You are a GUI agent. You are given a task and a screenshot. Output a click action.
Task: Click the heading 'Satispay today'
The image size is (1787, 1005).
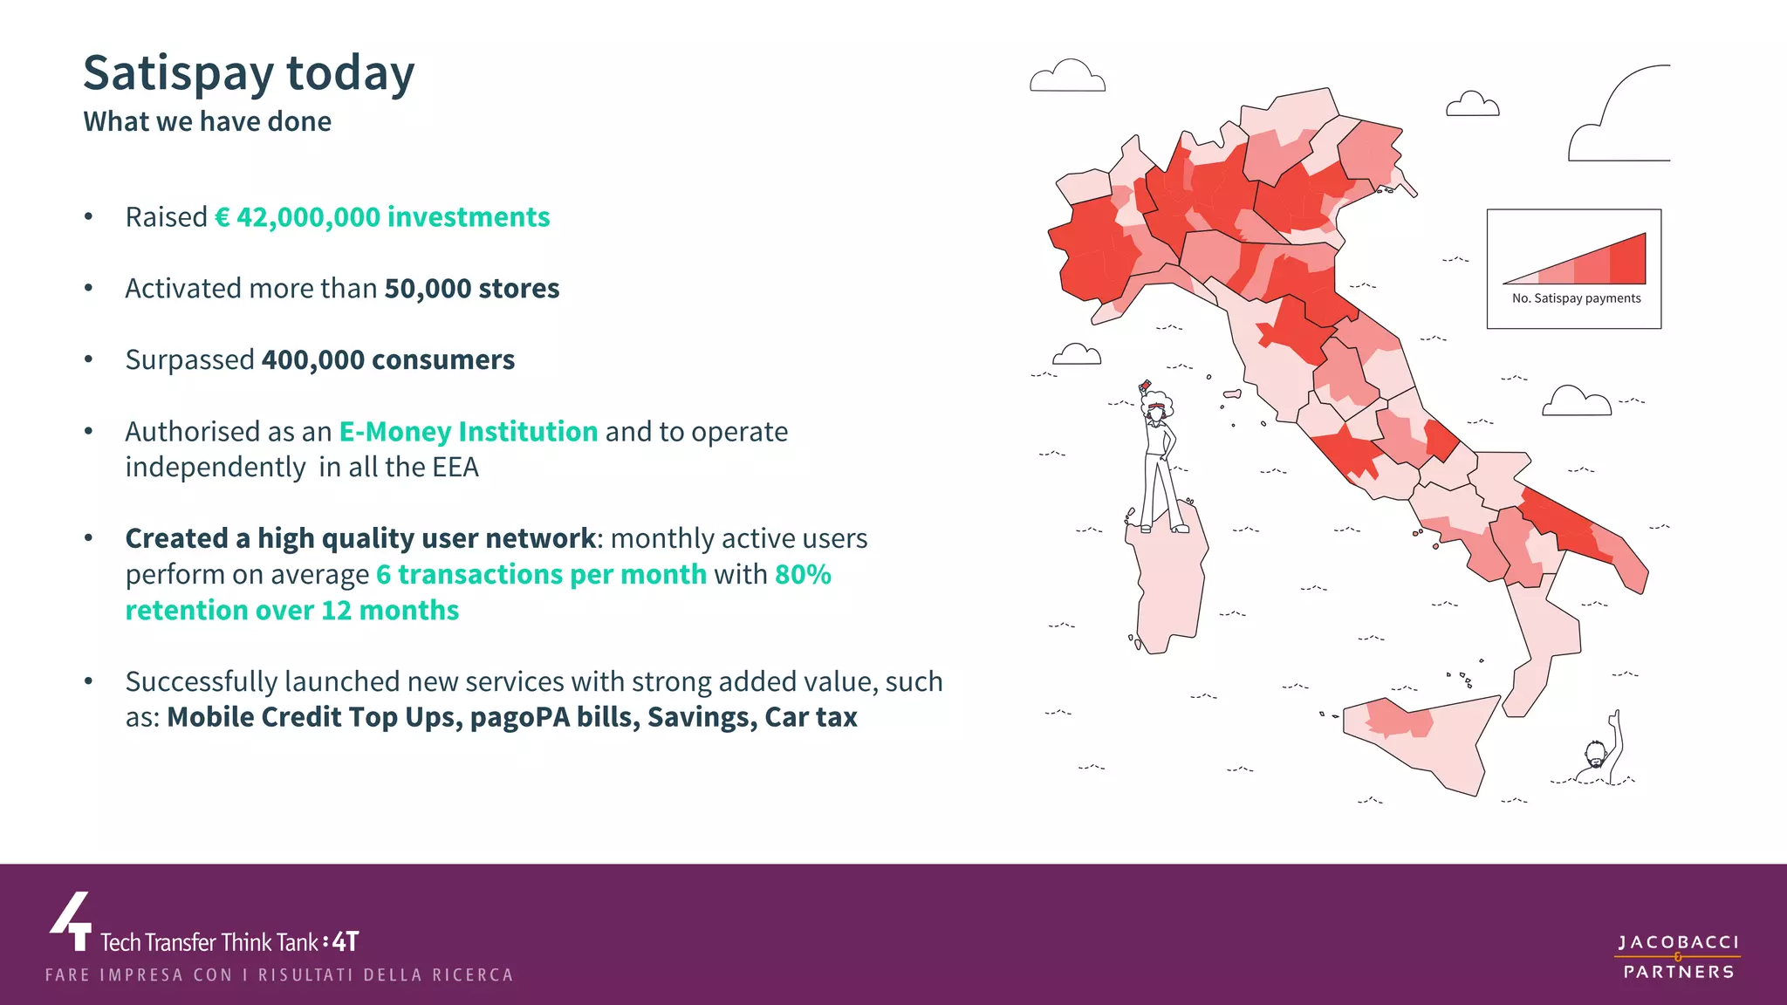(x=249, y=73)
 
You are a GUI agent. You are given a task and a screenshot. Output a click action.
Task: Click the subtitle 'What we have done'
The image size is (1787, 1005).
(x=207, y=121)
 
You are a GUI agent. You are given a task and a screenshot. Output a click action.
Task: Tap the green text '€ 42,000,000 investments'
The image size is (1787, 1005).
(x=382, y=217)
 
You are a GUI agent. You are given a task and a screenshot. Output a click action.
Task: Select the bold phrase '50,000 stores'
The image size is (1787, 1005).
(x=471, y=289)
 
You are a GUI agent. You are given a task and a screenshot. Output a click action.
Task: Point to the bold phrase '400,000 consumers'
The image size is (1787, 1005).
(x=387, y=360)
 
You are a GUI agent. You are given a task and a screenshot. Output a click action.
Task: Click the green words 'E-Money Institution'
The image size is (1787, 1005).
(x=468, y=432)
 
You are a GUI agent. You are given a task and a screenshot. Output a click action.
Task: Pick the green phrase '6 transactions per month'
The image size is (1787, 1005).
(x=541, y=575)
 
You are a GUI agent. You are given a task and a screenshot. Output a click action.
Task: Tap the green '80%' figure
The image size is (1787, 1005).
(x=803, y=575)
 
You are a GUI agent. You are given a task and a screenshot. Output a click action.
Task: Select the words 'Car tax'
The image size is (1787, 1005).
(x=811, y=717)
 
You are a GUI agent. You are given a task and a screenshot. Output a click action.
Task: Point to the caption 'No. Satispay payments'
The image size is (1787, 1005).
(x=1576, y=298)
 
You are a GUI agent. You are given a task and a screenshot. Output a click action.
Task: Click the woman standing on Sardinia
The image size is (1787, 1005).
(x=1160, y=462)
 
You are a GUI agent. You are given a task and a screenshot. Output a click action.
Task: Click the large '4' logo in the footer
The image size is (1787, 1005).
(x=72, y=921)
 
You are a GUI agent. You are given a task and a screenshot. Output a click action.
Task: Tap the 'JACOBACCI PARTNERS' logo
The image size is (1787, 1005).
(x=1678, y=956)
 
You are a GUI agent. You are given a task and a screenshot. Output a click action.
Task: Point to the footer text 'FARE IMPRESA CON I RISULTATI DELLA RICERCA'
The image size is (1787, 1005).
(x=279, y=975)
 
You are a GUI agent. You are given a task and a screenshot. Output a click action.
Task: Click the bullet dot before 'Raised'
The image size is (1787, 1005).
(x=88, y=217)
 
